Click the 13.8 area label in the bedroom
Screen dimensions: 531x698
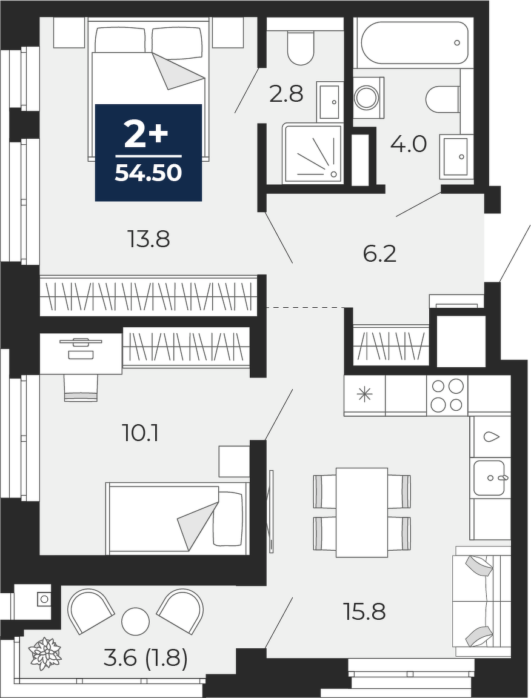(149, 240)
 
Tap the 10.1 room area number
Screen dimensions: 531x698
(140, 433)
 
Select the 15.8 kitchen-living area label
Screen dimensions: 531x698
(364, 611)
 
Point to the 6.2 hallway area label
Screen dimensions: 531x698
(379, 254)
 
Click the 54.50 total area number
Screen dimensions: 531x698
(149, 173)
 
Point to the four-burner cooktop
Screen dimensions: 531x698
(447, 395)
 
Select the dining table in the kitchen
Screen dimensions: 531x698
(362, 512)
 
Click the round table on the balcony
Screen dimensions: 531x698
(135, 622)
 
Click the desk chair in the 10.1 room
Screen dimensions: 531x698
(81, 388)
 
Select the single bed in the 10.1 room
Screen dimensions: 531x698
(176, 519)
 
